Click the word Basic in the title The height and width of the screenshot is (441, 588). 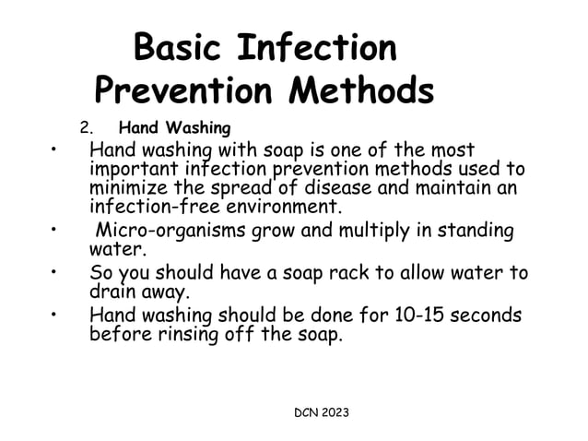178,47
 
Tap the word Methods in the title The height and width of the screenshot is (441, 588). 362,89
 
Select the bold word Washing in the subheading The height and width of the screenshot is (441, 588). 198,127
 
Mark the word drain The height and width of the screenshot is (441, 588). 112,292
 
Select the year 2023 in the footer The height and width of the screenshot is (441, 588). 332,411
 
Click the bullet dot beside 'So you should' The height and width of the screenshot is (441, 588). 56,274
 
